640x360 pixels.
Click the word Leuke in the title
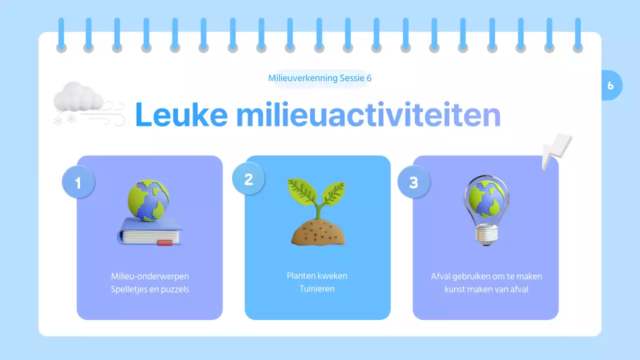tap(181, 115)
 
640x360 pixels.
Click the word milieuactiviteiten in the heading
tap(368, 115)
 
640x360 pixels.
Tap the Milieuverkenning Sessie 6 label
tap(320, 78)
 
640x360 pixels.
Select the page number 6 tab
tap(610, 85)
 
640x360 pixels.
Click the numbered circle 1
tap(78, 182)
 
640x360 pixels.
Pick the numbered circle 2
tap(248, 179)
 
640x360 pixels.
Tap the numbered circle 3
tap(413, 182)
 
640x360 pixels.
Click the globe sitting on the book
tap(148, 200)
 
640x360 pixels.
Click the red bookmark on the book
tap(164, 243)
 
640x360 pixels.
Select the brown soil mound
tap(317, 232)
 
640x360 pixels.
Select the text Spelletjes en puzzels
tap(150, 289)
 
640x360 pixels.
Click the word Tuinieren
tap(317, 289)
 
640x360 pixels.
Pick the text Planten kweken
tap(317, 276)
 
